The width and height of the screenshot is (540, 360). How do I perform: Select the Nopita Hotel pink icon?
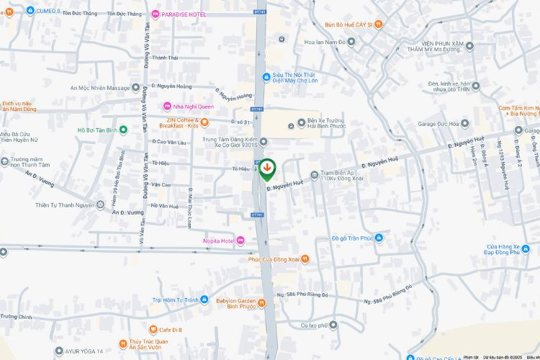pos(240,240)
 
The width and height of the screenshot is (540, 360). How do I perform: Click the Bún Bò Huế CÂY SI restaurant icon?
pos(379,24)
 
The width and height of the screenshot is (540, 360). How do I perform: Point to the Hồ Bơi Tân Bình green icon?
pos(123,130)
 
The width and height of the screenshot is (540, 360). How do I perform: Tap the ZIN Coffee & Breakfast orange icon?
pos(204,122)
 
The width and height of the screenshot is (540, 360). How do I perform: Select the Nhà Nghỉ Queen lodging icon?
pos(168,106)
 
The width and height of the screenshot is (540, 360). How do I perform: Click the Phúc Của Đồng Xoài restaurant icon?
pos(305,259)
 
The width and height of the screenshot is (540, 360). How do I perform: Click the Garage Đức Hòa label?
pos(438,124)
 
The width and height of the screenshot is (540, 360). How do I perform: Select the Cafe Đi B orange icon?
pos(152,330)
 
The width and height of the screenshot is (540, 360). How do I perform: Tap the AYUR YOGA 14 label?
pos(84,351)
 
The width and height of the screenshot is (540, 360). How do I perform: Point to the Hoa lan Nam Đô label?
pos(325,42)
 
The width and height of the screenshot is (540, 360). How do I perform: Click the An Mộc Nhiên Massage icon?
pos(136,88)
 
